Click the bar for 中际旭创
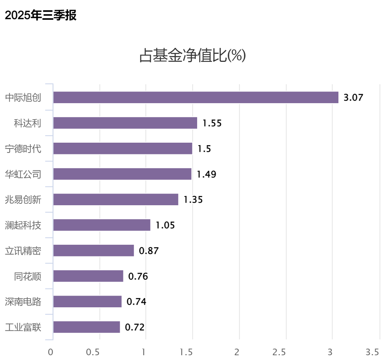[x=196, y=97]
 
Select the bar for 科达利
[x=125, y=123]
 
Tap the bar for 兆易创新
[x=116, y=199]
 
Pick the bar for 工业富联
[x=87, y=327]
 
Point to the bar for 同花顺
[x=88, y=276]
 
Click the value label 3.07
[x=353, y=98]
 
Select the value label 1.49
[x=206, y=175]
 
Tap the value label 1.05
[x=165, y=225]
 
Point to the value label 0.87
[x=149, y=251]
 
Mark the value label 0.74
[x=136, y=302]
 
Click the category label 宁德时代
[x=23, y=149]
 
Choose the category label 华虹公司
[x=23, y=174]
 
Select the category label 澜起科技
[x=23, y=225]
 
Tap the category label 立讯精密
[x=23, y=251]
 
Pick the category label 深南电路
[x=23, y=302]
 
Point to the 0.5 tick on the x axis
[x=93, y=352]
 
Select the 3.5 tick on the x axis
[x=372, y=352]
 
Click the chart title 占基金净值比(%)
[x=192, y=56]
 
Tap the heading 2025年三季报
[x=41, y=15]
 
